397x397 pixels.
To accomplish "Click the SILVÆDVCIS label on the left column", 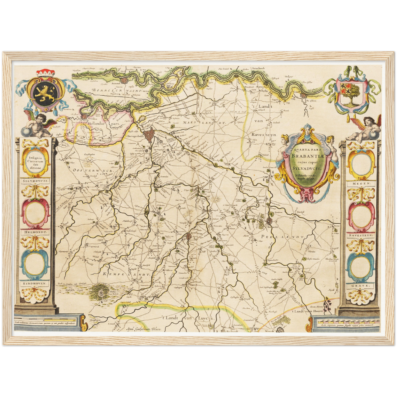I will [x=35, y=181].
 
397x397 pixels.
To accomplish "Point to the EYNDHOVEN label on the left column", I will [x=35, y=283].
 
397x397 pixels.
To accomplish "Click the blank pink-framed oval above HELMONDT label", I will [x=35, y=212].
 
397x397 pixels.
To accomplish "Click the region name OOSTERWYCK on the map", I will [x=93, y=171].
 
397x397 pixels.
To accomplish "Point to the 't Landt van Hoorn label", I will [x=307, y=311].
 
